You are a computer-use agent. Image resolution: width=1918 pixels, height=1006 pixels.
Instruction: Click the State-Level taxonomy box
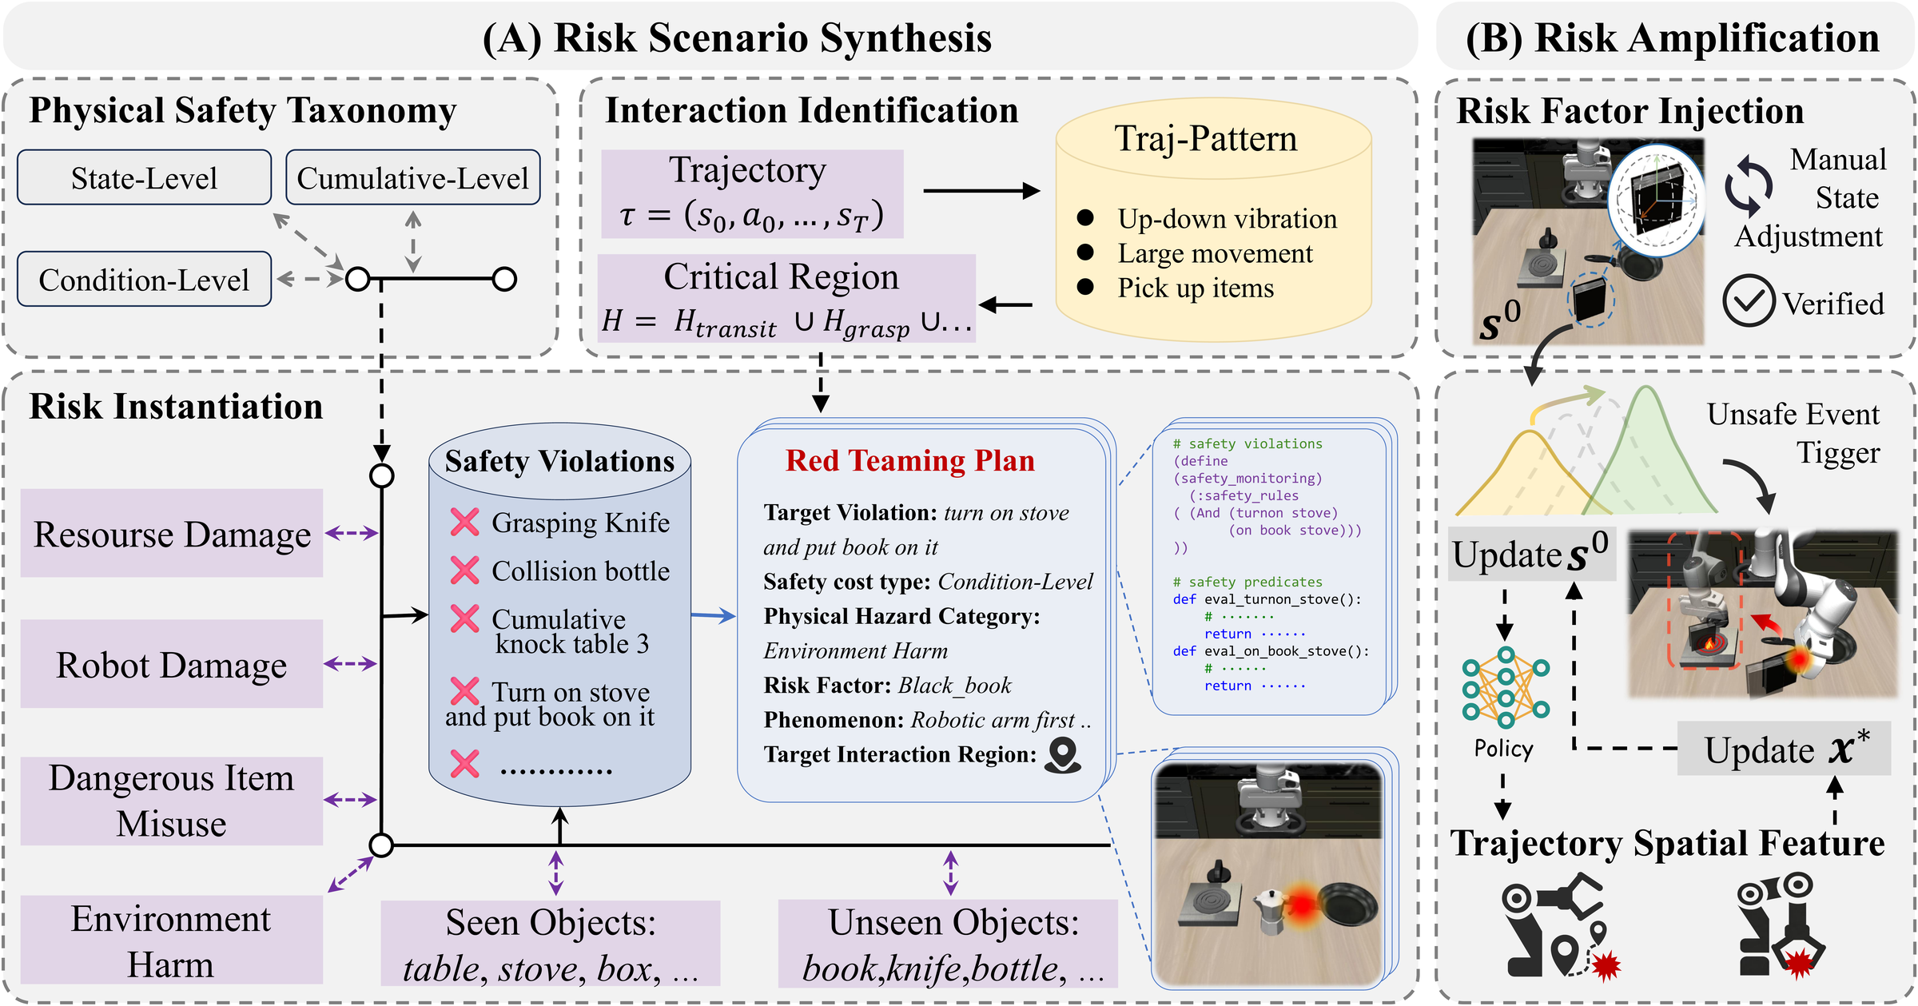pyautogui.click(x=144, y=177)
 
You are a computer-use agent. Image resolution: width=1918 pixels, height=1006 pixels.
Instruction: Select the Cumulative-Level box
pyautogui.click(x=412, y=177)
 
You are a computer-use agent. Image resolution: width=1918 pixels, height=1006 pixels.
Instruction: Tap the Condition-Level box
pyautogui.click(x=144, y=280)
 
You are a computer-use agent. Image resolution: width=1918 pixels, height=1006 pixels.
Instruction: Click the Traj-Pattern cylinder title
pyautogui.click(x=1205, y=139)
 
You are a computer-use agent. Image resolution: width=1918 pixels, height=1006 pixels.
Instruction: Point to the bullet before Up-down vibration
pyautogui.click(x=1085, y=217)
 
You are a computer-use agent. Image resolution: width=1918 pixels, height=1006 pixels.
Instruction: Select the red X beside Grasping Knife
pyautogui.click(x=464, y=522)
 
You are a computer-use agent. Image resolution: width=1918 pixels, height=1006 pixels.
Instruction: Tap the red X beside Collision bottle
pyautogui.click(x=464, y=571)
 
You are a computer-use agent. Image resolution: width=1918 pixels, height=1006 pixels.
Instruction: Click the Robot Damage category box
pyautogui.click(x=171, y=664)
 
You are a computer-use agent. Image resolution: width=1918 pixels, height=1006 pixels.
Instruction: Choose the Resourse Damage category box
pyautogui.click(x=171, y=533)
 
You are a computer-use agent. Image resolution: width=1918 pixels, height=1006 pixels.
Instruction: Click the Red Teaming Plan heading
pyautogui.click(x=909, y=461)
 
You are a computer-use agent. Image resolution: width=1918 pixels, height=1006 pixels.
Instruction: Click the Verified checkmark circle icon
pyautogui.click(x=1749, y=300)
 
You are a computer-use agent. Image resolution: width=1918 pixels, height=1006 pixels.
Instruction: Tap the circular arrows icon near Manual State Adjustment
pyautogui.click(x=1749, y=185)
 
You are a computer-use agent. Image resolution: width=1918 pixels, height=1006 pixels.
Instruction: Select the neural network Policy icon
pyautogui.click(x=1506, y=687)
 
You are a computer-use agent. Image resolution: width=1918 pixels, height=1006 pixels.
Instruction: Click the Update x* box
pyautogui.click(x=1784, y=750)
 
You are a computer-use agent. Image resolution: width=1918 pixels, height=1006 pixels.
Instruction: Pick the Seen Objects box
pyautogui.click(x=550, y=944)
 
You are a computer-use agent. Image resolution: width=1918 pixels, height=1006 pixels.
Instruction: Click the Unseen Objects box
pyautogui.click(x=948, y=944)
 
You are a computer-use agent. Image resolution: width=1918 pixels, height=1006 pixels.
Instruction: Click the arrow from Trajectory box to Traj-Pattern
pyautogui.click(x=981, y=191)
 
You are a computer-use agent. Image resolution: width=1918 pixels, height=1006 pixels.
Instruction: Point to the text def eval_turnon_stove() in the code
pyautogui.click(x=1267, y=599)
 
